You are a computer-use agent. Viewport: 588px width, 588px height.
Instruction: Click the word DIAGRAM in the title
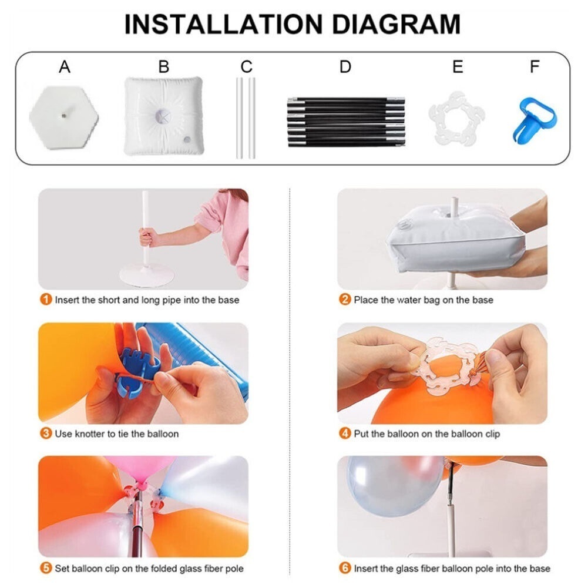(396, 24)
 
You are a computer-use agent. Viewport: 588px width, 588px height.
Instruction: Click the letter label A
(65, 67)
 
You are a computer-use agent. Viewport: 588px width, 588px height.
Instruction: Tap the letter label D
(345, 67)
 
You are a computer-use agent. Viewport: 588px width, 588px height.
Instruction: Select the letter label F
(535, 67)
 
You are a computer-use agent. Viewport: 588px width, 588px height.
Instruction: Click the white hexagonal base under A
(64, 117)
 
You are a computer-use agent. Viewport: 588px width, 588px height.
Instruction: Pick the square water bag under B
(164, 116)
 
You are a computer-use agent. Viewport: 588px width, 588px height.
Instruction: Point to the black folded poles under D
(346, 122)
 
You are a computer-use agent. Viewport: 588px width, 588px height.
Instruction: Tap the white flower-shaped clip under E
(456, 119)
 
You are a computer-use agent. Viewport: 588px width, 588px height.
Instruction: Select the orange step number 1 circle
(46, 300)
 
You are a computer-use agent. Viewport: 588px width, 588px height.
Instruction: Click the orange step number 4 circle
(345, 434)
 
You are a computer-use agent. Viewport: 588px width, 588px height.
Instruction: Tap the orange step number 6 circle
(345, 568)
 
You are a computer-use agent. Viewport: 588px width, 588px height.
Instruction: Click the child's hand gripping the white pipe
(148, 237)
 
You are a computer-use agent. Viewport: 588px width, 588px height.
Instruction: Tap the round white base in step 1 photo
(147, 274)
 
